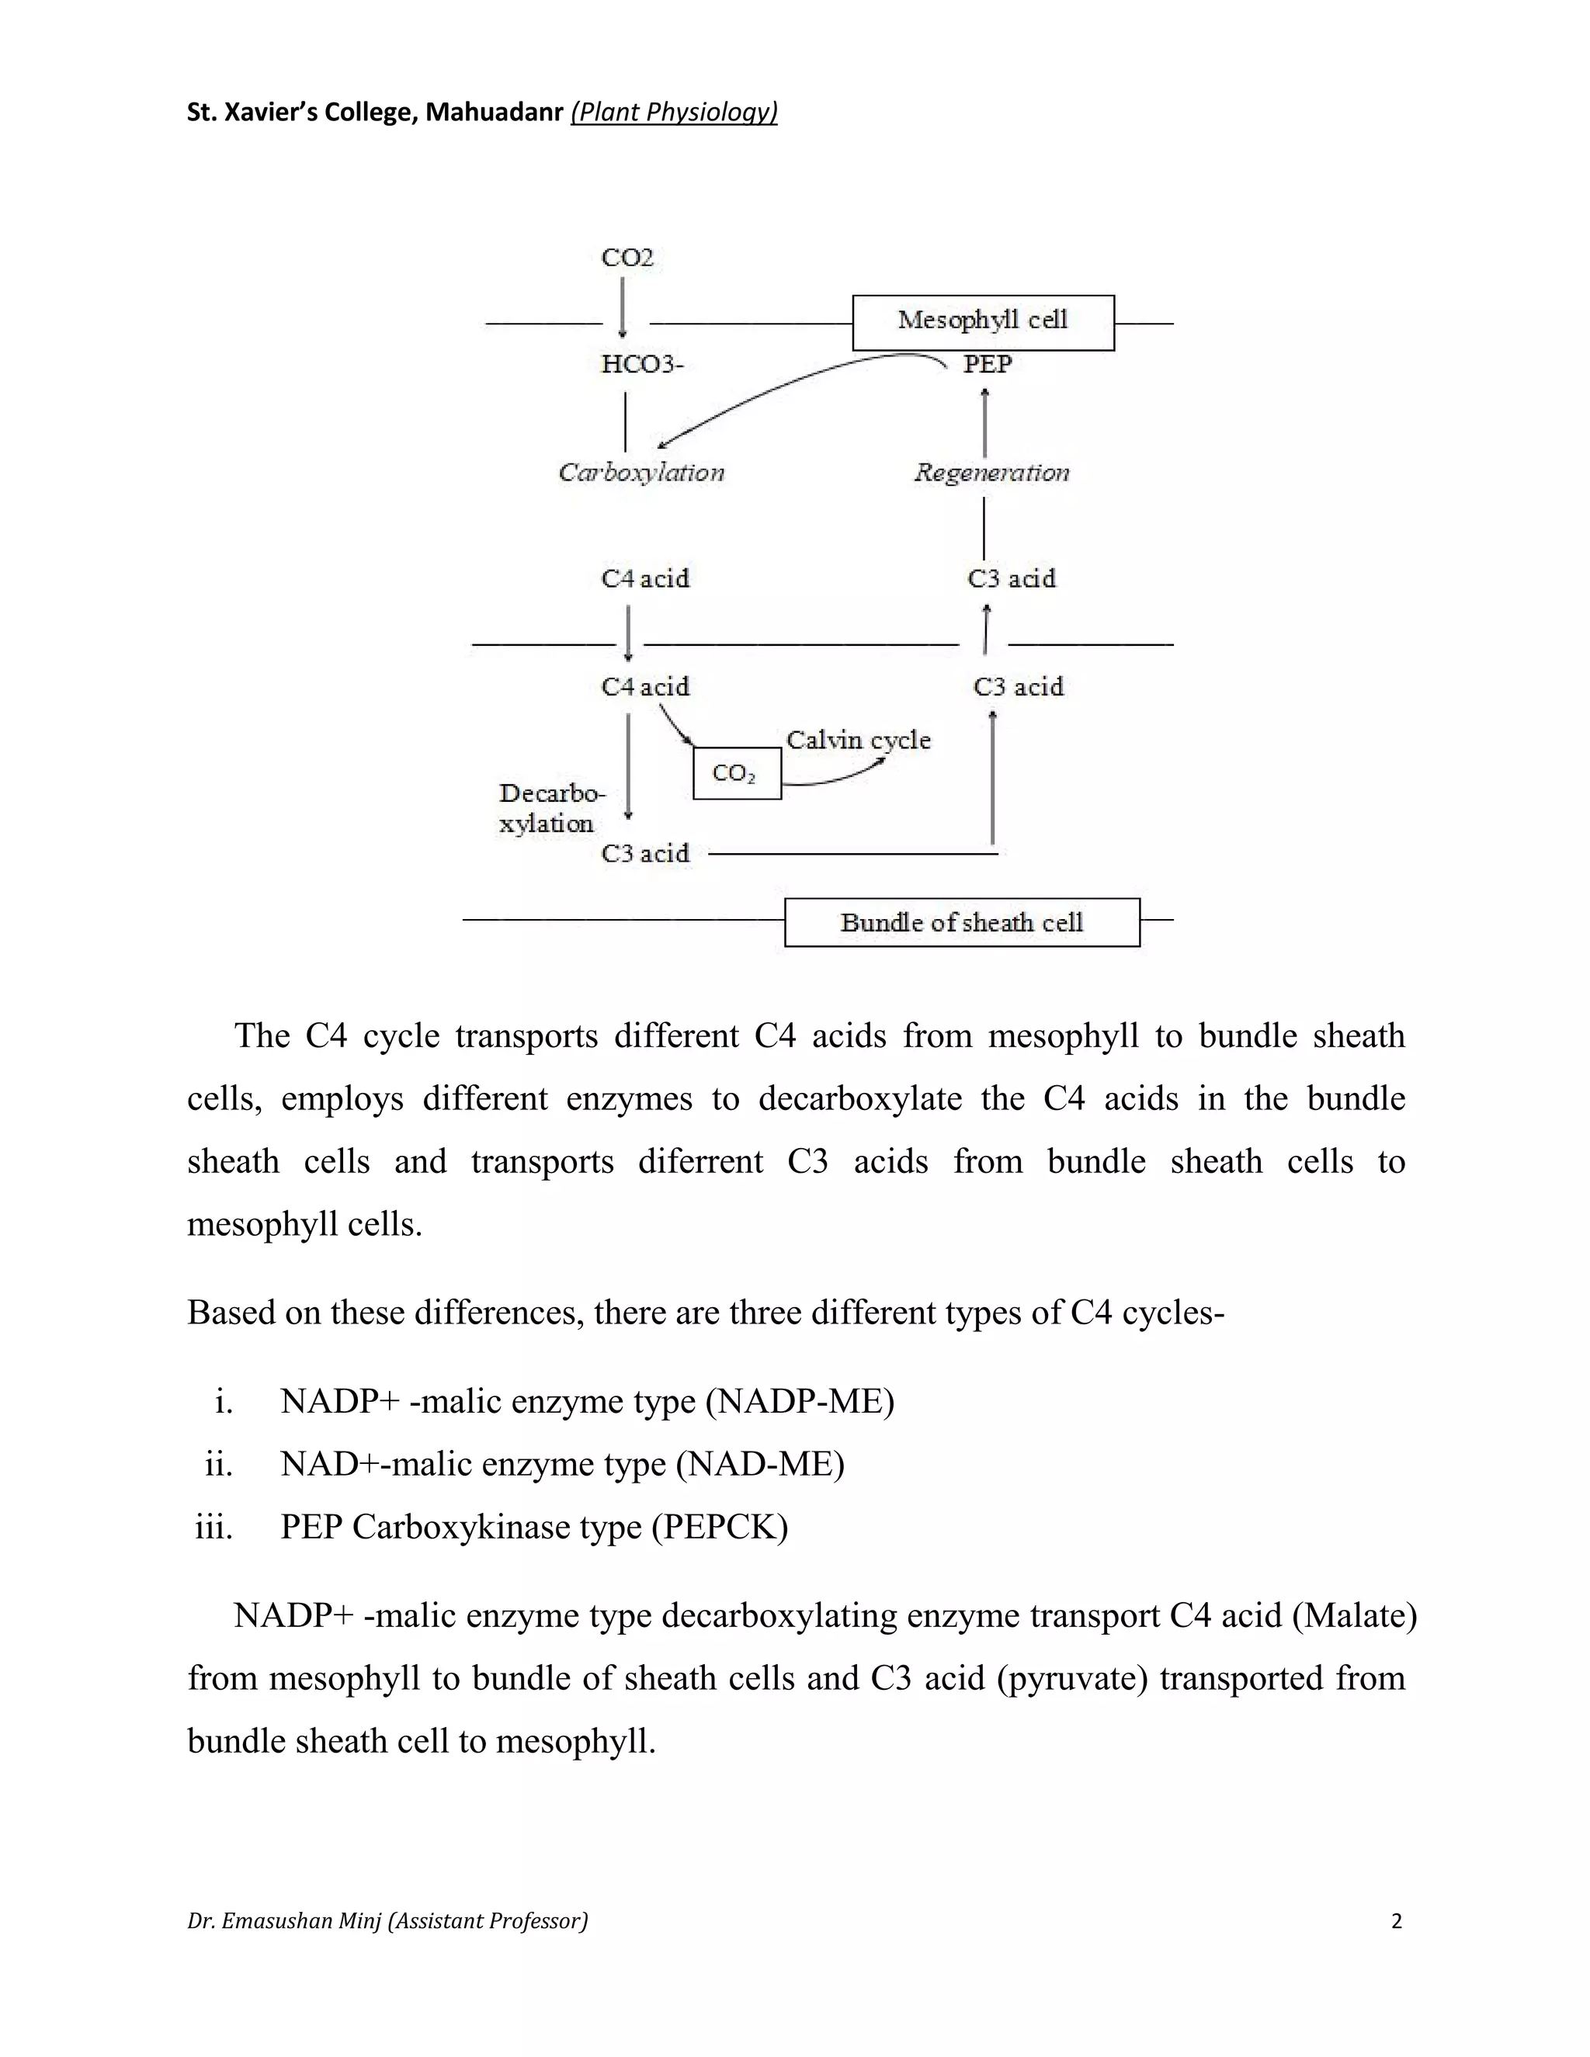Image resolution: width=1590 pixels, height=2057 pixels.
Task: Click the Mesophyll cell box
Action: [982, 322]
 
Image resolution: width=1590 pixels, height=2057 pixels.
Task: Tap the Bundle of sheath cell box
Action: [962, 922]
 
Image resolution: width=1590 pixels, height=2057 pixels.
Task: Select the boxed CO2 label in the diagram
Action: [737, 773]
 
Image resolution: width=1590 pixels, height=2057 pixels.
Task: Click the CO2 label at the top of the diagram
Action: [627, 258]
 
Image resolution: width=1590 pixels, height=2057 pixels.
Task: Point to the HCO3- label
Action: [642, 365]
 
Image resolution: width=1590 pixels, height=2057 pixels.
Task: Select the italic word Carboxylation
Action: [641, 473]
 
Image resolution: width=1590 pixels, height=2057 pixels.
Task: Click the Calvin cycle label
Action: [858, 741]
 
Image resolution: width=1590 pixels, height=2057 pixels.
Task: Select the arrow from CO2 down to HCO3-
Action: [623, 305]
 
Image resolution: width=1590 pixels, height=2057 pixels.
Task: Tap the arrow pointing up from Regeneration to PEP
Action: [985, 423]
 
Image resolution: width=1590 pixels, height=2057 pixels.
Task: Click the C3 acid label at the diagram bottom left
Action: [645, 853]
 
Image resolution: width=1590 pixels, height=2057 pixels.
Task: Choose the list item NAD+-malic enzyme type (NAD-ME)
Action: [561, 1464]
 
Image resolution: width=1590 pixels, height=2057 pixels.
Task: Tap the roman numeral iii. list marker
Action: [214, 1527]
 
